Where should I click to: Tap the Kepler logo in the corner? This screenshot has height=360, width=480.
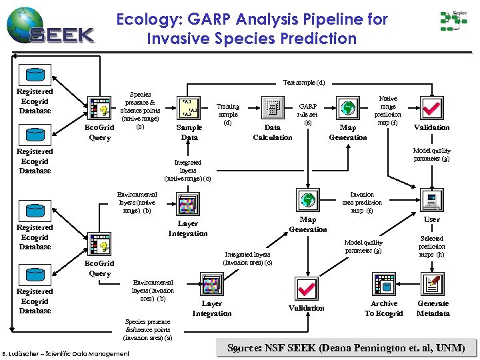pyautogui.click(x=453, y=22)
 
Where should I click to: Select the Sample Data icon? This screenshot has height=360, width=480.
pyautogui.click(x=189, y=107)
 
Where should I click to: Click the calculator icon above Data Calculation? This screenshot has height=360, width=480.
pyautogui.click(x=272, y=107)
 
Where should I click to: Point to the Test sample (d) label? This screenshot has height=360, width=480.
pyautogui.click(x=304, y=83)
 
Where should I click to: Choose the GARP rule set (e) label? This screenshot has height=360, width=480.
pyautogui.click(x=307, y=114)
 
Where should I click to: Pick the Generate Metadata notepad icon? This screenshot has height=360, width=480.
pyautogui.click(x=432, y=286)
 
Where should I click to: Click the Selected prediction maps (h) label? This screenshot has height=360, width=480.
pyautogui.click(x=431, y=247)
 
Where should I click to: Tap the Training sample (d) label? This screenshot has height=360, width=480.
pyautogui.click(x=228, y=114)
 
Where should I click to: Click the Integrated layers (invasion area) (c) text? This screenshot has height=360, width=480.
pyautogui.click(x=248, y=258)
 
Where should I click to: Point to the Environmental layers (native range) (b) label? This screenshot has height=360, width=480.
pyautogui.click(x=137, y=203)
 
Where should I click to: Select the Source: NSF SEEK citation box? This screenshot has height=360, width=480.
pyautogui.click(x=347, y=347)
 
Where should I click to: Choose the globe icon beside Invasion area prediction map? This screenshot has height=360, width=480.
pyautogui.click(x=307, y=199)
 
